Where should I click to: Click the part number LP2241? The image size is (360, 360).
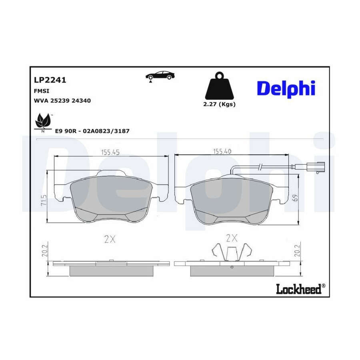(50, 80)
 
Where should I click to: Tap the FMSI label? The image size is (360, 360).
(42, 91)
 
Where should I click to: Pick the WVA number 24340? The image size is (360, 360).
(81, 100)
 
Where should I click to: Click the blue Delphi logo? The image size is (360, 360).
(286, 89)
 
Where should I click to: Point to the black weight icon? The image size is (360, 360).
(219, 86)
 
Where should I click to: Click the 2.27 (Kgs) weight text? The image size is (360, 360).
(219, 104)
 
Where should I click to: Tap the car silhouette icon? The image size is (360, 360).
(160, 76)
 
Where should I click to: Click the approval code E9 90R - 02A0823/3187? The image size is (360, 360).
(92, 131)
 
